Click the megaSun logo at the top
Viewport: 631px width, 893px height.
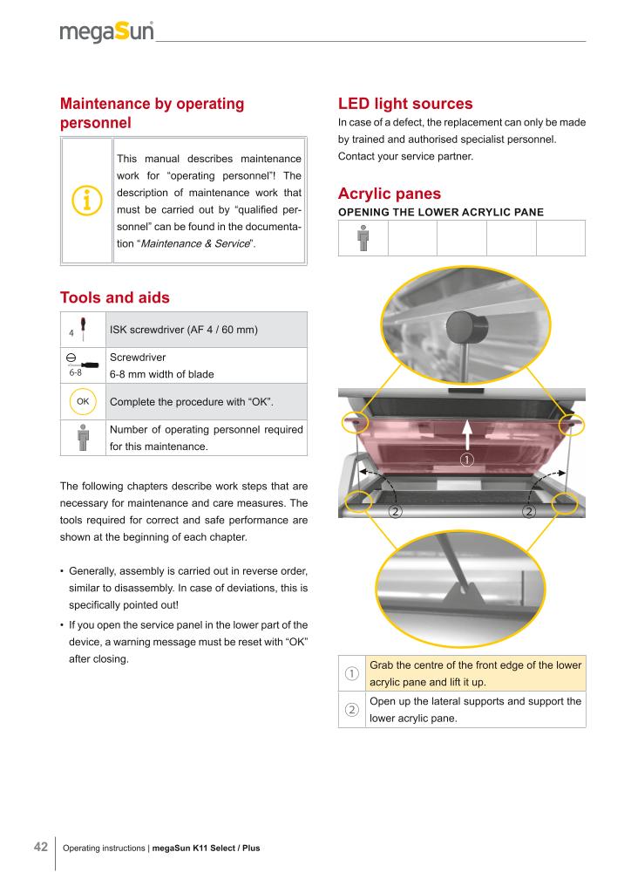point(106,33)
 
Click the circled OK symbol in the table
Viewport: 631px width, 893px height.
point(83,401)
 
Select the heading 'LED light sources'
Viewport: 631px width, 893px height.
point(405,104)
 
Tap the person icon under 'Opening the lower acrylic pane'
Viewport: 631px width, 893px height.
point(363,238)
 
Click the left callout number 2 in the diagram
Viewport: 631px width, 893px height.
point(395,511)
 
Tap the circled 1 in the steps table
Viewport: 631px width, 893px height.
point(351,673)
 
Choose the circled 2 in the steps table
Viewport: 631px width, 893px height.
point(351,709)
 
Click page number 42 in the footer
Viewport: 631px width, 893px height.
point(40,847)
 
